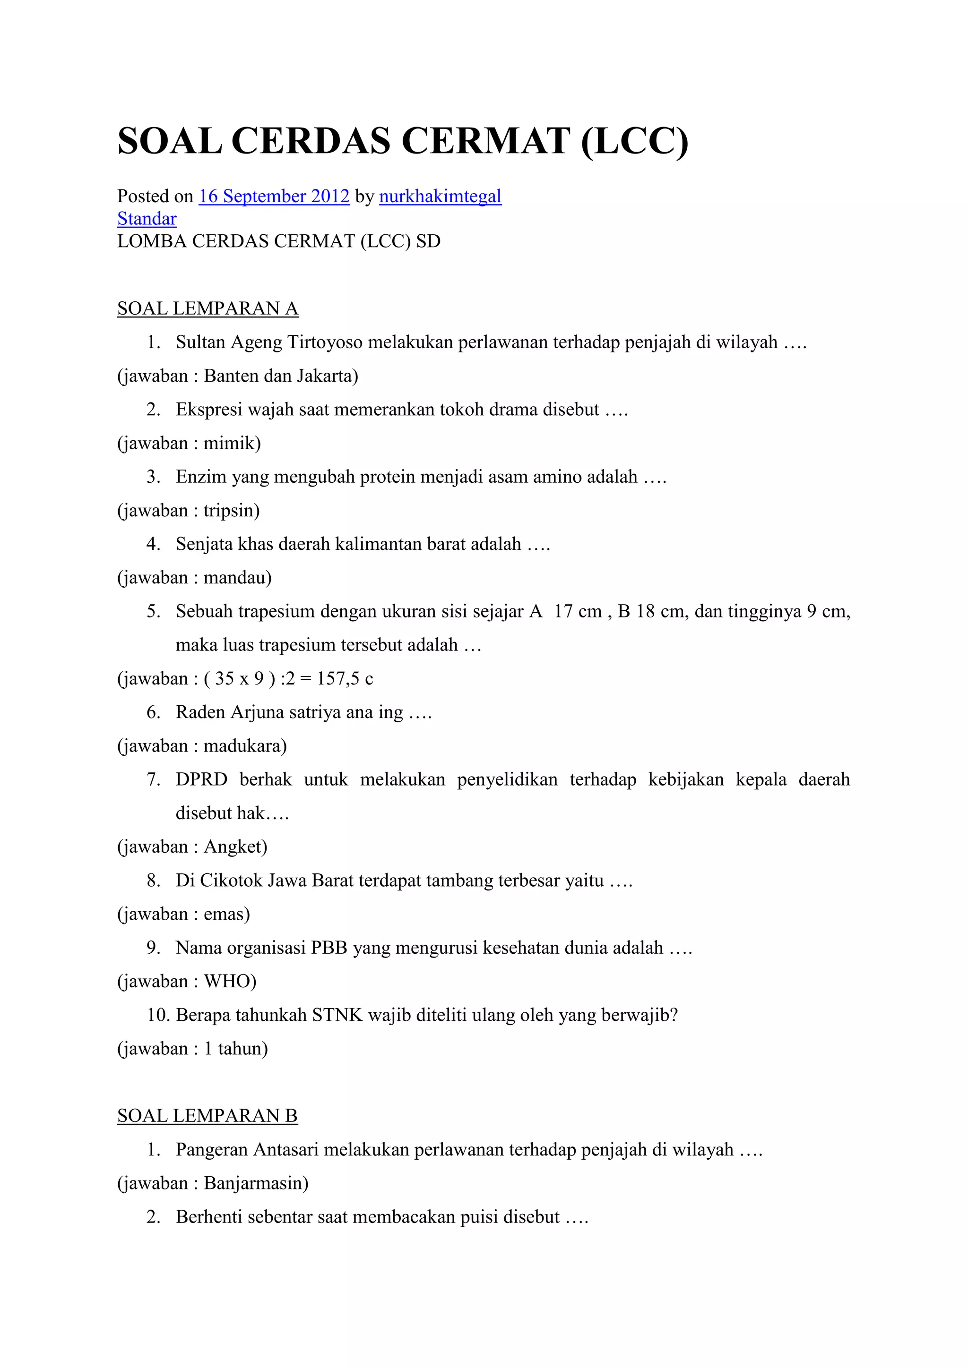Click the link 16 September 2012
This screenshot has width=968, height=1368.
(x=274, y=196)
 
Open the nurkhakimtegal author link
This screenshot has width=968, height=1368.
(x=440, y=196)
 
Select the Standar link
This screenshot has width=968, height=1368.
(x=147, y=219)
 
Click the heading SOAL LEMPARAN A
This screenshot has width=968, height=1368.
(x=207, y=308)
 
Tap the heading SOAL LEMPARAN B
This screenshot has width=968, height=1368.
(x=207, y=1115)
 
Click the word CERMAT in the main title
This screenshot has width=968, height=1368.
(x=486, y=141)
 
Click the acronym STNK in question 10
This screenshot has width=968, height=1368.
(x=337, y=1015)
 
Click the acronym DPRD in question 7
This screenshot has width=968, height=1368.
(x=201, y=779)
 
